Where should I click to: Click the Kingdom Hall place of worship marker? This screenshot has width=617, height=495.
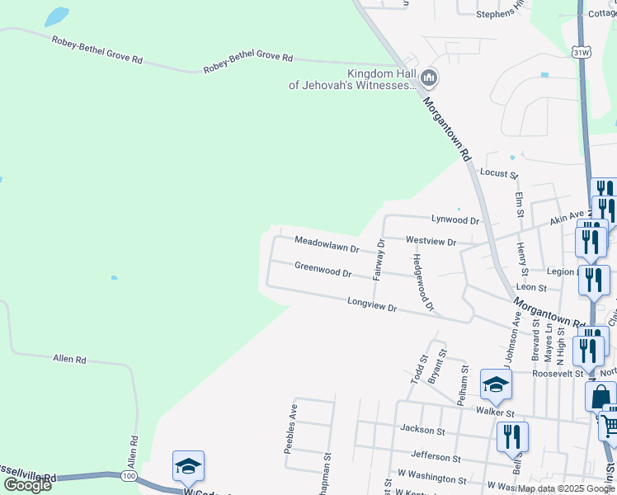click(x=428, y=78)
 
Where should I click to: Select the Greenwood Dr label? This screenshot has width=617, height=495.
click(x=323, y=269)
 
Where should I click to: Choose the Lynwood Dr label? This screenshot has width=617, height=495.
click(x=455, y=221)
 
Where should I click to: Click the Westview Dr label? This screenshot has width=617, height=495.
click(x=431, y=243)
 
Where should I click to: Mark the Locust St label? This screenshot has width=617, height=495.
click(x=498, y=175)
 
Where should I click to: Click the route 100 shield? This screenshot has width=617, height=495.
click(x=128, y=477)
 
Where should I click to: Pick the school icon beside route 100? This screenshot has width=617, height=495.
click(x=188, y=466)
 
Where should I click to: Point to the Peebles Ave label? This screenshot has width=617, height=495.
click(x=290, y=429)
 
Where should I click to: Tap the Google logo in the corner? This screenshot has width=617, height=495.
click(x=28, y=485)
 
